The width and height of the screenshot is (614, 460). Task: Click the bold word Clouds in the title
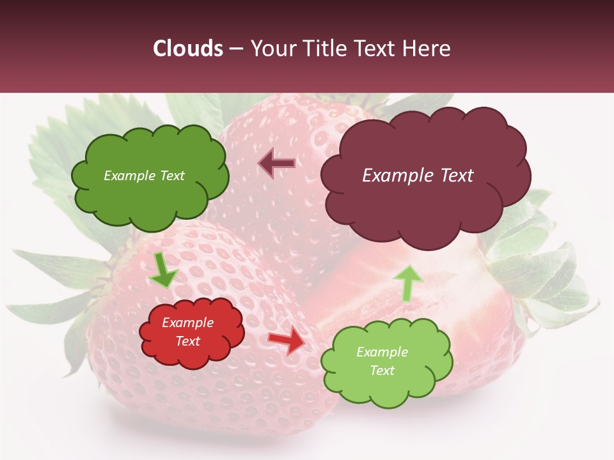[188, 49]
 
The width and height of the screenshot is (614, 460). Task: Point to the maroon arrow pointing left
[276, 164]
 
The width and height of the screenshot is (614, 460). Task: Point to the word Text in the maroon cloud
[457, 176]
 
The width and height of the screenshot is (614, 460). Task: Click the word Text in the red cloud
[188, 341]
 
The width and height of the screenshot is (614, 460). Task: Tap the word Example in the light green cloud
[382, 352]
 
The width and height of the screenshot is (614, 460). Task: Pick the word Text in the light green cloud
[382, 371]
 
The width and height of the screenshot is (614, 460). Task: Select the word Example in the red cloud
[187, 323]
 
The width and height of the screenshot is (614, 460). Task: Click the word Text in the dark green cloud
[171, 176]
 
